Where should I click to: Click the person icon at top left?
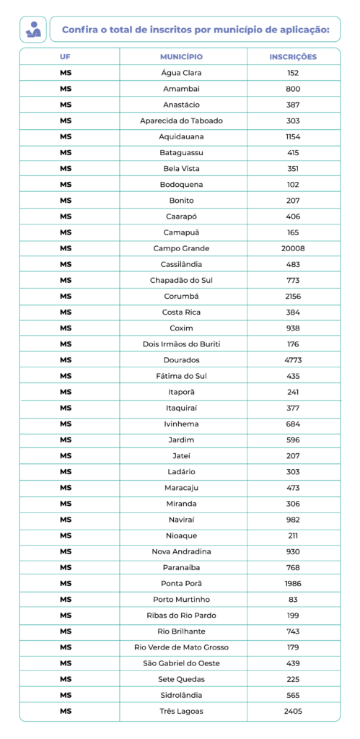tap(34, 30)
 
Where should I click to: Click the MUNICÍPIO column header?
tap(181, 56)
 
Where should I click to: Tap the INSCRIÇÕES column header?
tap(292, 56)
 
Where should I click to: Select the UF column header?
tap(66, 56)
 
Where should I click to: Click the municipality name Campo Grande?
tap(181, 248)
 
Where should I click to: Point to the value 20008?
tap(292, 248)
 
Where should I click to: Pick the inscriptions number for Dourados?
tap(292, 360)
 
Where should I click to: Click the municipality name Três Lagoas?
tap(181, 711)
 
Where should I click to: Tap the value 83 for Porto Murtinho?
tap(292, 599)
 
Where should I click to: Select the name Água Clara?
tap(181, 73)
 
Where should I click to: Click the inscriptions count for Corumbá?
tap(292, 296)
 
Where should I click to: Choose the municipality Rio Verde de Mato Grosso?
tap(181, 647)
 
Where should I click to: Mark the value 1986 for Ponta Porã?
tap(292, 583)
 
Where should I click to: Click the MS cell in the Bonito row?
tap(66, 200)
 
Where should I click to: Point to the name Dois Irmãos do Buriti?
tap(181, 344)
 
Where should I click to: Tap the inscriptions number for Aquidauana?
tap(292, 136)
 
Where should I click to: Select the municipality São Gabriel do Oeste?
tap(181, 663)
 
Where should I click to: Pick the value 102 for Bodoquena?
tap(292, 184)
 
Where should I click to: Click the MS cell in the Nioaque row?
tap(66, 535)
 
